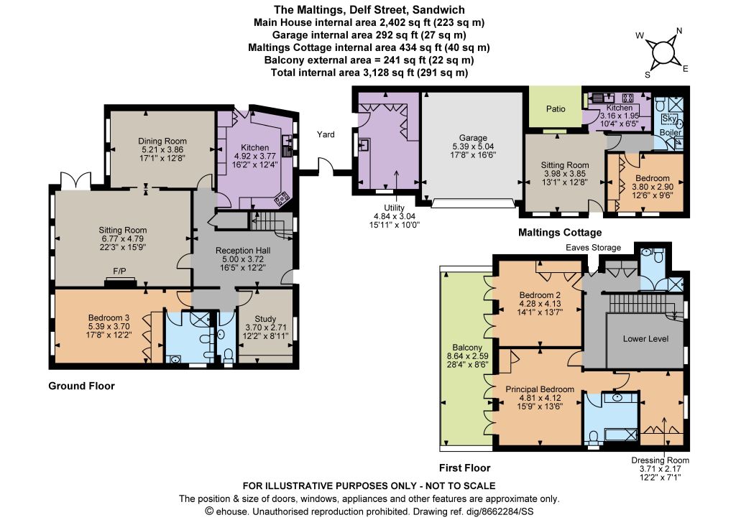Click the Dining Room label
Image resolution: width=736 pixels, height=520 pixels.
pyautogui.click(x=162, y=141)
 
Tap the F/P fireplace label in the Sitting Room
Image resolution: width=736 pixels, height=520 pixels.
pyautogui.click(x=120, y=271)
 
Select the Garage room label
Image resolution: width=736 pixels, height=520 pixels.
pyautogui.click(x=473, y=138)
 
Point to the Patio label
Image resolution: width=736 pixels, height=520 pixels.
pyautogui.click(x=556, y=108)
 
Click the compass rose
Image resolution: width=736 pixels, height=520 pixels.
pyautogui.click(x=662, y=52)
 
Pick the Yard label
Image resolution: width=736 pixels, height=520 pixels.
pyautogui.click(x=326, y=134)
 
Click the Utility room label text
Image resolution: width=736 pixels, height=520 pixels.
pyautogui.click(x=395, y=208)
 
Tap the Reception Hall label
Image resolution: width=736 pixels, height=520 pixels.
pyautogui.click(x=243, y=251)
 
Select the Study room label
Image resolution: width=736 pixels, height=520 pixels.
pyautogui.click(x=265, y=319)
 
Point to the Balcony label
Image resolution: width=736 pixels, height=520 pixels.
pyautogui.click(x=467, y=348)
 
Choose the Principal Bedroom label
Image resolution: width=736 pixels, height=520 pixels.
pyautogui.click(x=540, y=389)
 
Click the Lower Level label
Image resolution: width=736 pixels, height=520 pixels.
pyautogui.click(x=646, y=338)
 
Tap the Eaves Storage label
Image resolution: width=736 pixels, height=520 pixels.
pyautogui.click(x=593, y=248)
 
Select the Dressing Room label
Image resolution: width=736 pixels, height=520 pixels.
pyautogui.click(x=660, y=460)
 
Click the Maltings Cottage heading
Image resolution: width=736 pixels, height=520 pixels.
pyautogui.click(x=560, y=233)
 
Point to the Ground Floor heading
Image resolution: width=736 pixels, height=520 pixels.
pyautogui.click(x=82, y=386)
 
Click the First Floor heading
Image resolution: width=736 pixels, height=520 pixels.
pyautogui.click(x=465, y=468)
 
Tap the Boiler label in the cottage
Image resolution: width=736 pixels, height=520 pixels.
pyautogui.click(x=671, y=133)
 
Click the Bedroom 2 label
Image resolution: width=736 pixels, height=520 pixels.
pyautogui.click(x=540, y=295)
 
